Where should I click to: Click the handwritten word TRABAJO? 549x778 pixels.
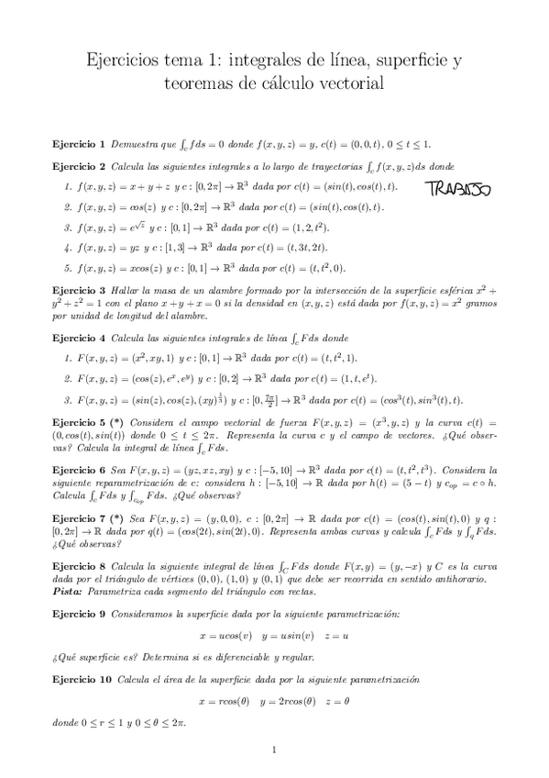point(457,190)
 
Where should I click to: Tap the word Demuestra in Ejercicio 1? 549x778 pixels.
point(133,145)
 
